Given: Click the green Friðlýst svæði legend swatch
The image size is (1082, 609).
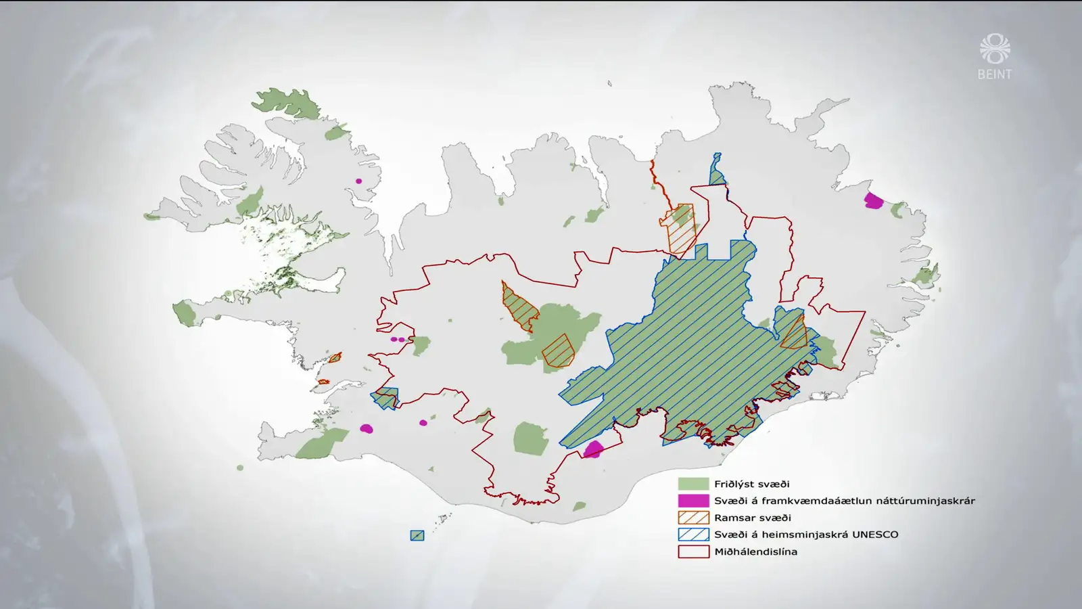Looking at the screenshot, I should [x=693, y=484].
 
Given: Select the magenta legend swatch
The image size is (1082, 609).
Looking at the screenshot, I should [x=693, y=501].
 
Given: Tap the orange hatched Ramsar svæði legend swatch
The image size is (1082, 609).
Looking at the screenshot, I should [x=693, y=518].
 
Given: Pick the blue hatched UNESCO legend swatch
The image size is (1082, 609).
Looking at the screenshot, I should [x=693, y=535].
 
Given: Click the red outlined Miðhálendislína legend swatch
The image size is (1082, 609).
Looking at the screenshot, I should [x=693, y=551].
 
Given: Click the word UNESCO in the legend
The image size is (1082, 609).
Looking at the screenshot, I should [x=875, y=535].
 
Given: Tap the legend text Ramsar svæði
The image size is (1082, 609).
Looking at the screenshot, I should [x=752, y=518].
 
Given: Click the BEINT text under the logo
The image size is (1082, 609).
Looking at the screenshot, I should [x=994, y=74].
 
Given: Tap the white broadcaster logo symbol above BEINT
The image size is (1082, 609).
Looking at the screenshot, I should [x=994, y=49].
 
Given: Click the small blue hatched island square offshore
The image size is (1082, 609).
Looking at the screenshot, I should [x=417, y=535].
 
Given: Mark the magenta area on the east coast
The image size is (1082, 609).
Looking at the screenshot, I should [x=874, y=200].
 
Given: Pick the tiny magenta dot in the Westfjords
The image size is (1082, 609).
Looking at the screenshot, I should [x=359, y=181].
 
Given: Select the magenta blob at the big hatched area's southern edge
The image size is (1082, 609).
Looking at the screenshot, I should [x=593, y=449].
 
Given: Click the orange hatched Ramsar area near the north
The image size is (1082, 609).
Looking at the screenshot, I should [x=681, y=228].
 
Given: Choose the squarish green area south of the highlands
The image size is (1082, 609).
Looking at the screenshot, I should [x=530, y=438].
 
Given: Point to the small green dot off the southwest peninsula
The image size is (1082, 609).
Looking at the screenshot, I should [x=240, y=468].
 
